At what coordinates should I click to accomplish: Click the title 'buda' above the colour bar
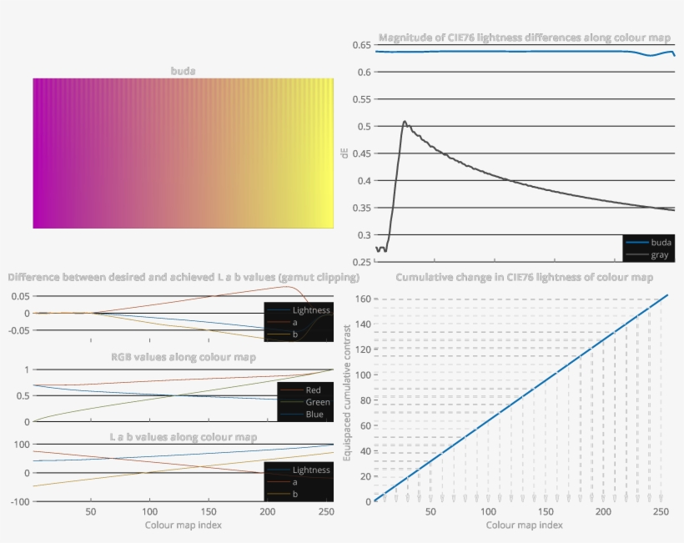coord(184,71)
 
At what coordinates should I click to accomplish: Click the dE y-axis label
coord(345,153)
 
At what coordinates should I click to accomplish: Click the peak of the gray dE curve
coord(405,122)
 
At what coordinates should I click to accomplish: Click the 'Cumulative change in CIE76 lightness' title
coord(525,277)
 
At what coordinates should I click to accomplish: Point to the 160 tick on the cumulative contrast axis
coord(361,299)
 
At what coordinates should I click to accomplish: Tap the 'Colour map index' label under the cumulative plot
coord(525,525)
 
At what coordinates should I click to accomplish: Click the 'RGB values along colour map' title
coord(184,357)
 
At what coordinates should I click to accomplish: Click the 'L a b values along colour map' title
coord(184,436)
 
